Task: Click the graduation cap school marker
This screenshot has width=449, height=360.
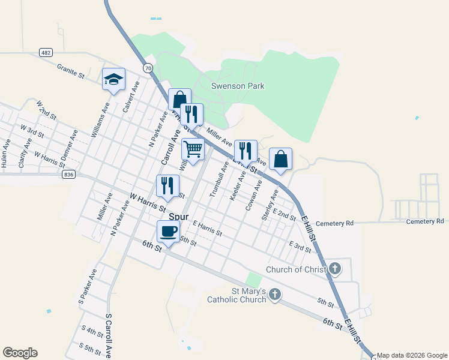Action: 113,80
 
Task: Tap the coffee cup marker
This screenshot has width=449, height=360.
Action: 168,232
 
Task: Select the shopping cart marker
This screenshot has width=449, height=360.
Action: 193,149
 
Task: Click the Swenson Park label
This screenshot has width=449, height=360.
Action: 238,86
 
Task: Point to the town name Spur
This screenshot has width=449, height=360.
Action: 178,217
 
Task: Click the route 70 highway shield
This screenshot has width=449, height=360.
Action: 147,68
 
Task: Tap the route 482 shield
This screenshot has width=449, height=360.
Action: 46,53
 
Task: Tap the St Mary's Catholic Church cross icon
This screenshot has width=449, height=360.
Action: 274,294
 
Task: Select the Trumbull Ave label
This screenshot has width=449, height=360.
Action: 217,179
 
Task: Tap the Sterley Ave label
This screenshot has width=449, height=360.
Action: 270,205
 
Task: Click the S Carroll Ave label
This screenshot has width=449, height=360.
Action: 108,335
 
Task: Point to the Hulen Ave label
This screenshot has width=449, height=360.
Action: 5,154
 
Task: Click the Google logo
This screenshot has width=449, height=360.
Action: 20,353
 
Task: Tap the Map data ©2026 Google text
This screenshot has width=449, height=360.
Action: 412,355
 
